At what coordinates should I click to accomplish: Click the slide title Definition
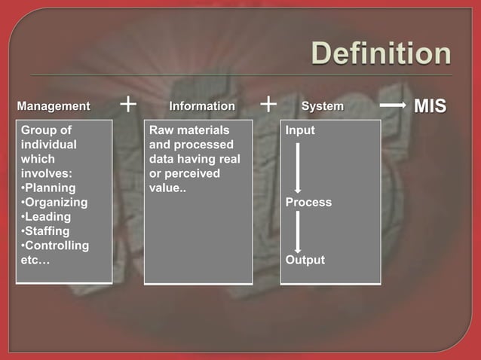(x=381, y=54)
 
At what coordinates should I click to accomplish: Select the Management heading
(x=54, y=106)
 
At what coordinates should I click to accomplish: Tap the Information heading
(x=201, y=106)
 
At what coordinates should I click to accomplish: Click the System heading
(x=323, y=106)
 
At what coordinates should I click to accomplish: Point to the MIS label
(x=430, y=106)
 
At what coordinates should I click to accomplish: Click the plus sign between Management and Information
(x=129, y=103)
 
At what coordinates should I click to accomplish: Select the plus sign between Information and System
(x=268, y=103)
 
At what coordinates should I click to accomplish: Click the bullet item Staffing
(x=47, y=231)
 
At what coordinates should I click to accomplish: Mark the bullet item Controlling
(x=55, y=246)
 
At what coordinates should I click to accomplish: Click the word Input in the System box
(x=300, y=130)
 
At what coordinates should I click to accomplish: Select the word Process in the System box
(x=308, y=203)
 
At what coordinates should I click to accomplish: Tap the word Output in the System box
(x=305, y=260)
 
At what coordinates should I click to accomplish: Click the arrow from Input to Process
(x=298, y=167)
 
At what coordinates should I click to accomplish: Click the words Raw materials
(x=189, y=130)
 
